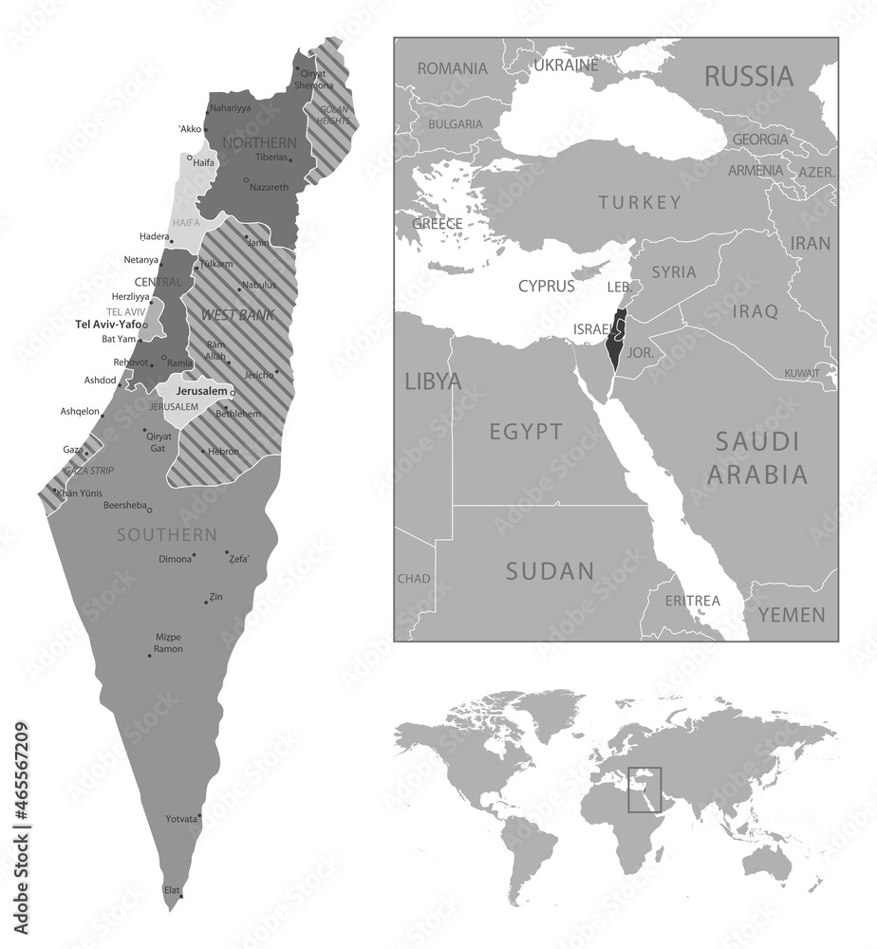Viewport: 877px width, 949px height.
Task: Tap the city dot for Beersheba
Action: (149, 511)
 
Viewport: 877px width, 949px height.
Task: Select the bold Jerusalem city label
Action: (201, 391)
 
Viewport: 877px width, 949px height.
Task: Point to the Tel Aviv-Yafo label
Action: (108, 324)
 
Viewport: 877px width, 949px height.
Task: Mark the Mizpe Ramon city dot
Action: (149, 655)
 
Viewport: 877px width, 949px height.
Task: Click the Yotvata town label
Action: (181, 818)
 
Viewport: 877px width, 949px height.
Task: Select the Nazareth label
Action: (269, 187)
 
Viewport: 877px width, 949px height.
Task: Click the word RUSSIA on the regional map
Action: (747, 76)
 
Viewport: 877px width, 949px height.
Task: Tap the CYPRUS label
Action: (546, 285)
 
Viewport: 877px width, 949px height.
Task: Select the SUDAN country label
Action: (549, 571)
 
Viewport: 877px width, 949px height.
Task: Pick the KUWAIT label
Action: (801, 374)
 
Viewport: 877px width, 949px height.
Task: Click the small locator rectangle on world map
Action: (644, 790)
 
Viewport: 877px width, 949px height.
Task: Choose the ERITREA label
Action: (692, 601)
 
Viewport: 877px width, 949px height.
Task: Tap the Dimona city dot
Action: (195, 555)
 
